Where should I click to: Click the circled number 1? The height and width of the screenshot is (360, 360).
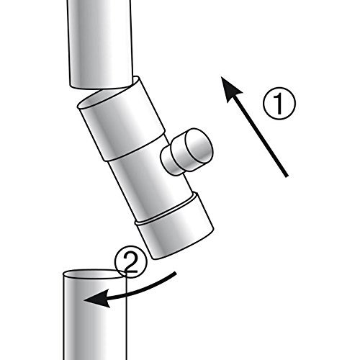[279, 104]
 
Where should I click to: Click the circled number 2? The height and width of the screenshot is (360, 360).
[130, 261]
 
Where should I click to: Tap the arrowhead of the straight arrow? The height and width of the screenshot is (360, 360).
[230, 89]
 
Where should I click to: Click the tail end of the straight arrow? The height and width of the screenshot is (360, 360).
[287, 176]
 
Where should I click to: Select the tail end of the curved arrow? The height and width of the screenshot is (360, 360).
[176, 274]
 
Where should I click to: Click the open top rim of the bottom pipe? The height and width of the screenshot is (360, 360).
[94, 274]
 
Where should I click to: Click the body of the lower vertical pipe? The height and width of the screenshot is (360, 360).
[94, 317]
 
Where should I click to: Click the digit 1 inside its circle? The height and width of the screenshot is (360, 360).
[279, 104]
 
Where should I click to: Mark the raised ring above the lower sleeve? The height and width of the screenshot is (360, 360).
[166, 208]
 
